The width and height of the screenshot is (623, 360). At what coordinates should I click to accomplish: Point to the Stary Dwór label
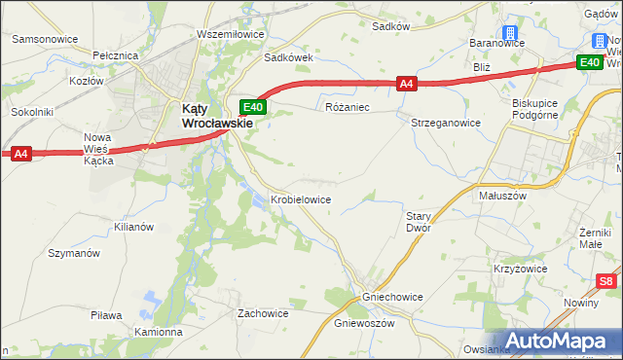418,222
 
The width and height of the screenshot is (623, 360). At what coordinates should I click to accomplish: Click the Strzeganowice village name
446,123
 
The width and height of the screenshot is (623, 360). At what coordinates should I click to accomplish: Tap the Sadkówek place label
289,57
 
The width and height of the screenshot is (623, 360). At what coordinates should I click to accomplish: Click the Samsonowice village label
45,39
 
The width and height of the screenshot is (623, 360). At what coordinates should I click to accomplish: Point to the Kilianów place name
134,226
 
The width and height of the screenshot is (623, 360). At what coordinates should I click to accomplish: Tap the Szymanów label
74,253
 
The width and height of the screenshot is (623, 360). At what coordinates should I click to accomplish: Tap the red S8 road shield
606,282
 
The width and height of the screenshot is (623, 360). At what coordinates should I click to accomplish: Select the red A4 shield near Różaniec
408,85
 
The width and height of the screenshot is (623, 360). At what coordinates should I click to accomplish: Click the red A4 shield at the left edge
20,153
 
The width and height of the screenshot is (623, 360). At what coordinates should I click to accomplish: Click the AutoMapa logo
559,342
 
